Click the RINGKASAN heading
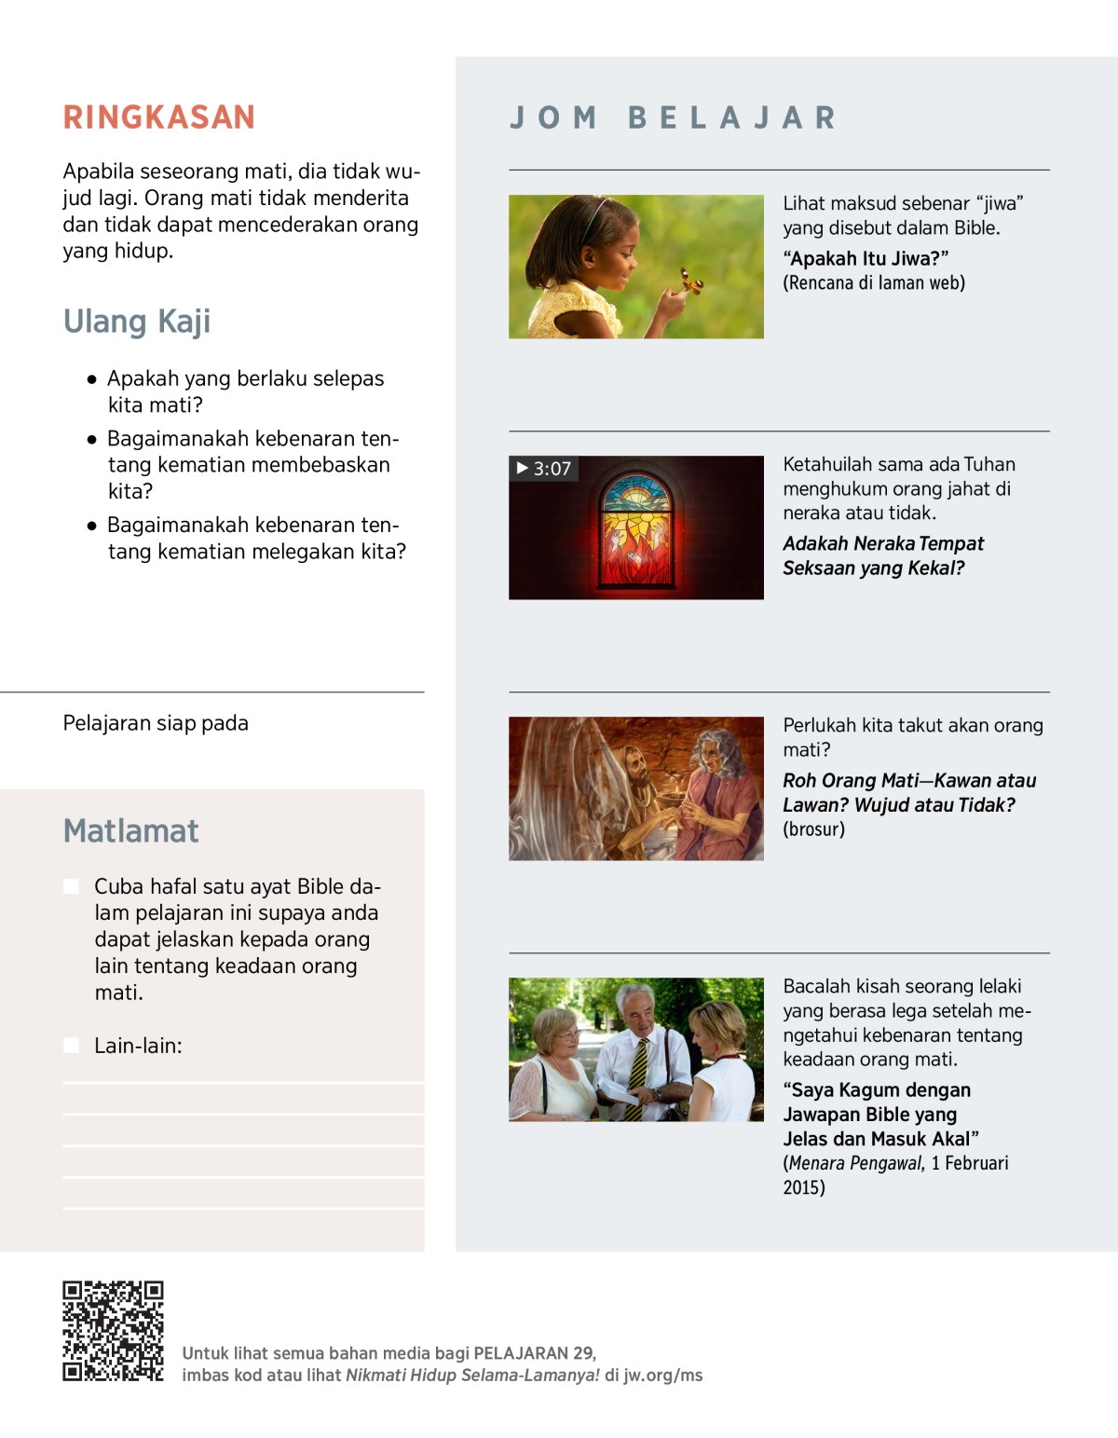pos(159,117)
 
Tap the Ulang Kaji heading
pos(137,322)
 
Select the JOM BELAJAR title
pos(673,118)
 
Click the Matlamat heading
pos(131,831)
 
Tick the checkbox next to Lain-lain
pos(71,1046)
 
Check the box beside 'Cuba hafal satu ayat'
pos(71,886)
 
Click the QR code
pos(113,1331)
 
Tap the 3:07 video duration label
pos(544,469)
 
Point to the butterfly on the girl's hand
pos(690,281)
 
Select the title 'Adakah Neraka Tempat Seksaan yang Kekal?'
pos(882,555)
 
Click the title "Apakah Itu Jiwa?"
pos(866,259)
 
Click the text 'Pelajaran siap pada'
pos(156,723)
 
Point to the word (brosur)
pos(813,829)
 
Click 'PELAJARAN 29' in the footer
pos(534,1353)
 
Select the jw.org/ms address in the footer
pos(662,1376)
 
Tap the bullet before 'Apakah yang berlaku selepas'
pos(91,379)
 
